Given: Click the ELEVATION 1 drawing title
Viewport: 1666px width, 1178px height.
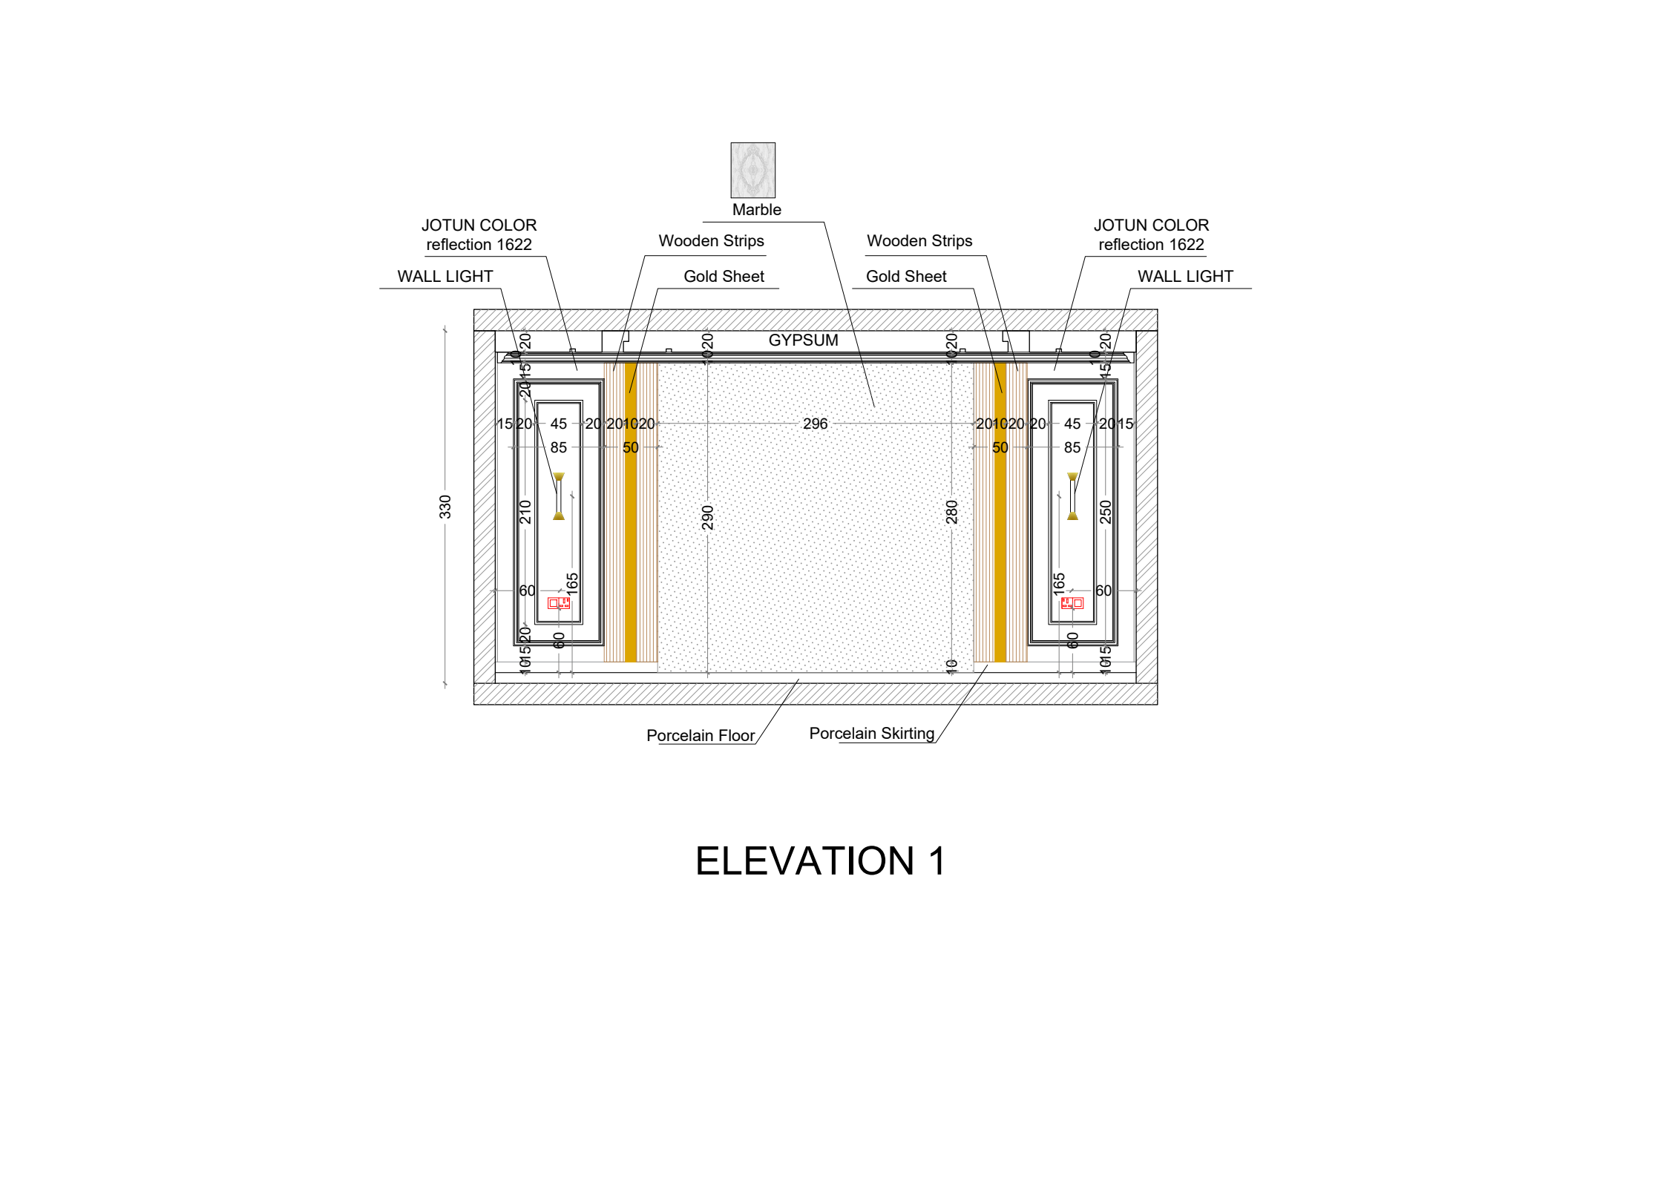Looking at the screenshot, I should [820, 861].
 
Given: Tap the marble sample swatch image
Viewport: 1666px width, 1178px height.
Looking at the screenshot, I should [752, 170].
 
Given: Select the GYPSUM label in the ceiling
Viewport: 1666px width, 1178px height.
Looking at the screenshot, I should [803, 340].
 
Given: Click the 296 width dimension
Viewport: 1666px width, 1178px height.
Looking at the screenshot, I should [815, 424].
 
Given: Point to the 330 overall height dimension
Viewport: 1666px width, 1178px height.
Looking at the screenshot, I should [445, 507].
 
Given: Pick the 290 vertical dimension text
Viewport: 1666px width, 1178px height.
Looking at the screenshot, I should [708, 518].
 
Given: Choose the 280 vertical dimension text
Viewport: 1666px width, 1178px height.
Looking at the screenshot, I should [952, 512].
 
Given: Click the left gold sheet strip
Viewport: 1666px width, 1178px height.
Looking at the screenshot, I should [631, 519].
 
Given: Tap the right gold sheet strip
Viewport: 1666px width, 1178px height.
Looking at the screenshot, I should [1000, 519].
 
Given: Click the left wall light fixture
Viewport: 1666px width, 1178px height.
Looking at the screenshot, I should [559, 496].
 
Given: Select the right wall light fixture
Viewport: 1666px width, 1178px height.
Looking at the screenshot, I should [1072, 496].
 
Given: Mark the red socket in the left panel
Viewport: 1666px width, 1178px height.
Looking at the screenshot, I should [559, 603].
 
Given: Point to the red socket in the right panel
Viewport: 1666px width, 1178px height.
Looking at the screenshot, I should [1072, 603].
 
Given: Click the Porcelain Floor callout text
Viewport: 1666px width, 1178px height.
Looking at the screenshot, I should [700, 736].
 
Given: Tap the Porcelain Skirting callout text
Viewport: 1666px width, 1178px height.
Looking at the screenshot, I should [871, 734].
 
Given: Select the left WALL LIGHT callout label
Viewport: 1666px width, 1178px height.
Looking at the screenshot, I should [445, 277].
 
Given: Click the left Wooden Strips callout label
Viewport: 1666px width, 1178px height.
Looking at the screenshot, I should [711, 241].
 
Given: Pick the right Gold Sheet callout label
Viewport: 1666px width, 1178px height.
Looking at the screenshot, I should [906, 277].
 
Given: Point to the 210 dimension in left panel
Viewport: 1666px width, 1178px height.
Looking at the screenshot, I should [525, 512].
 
